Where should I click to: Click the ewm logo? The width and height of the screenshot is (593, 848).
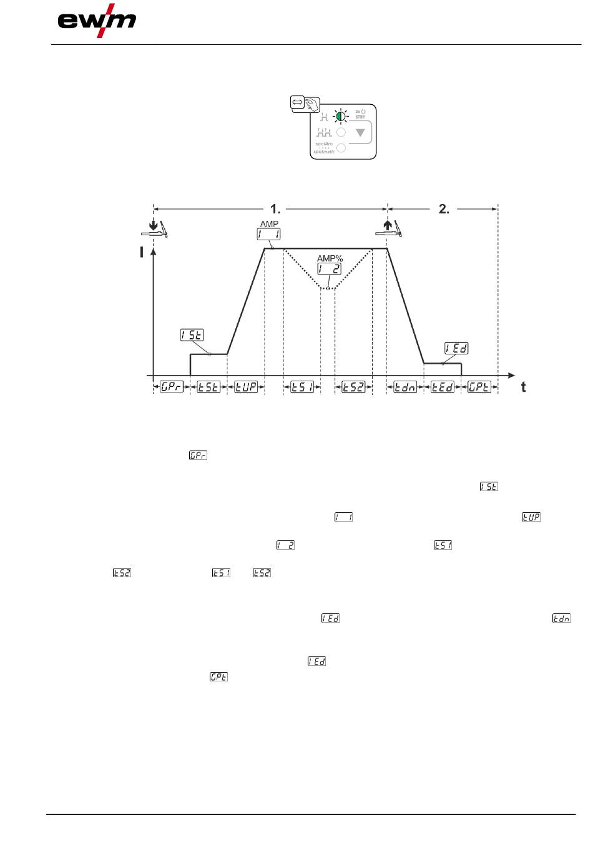(97, 21)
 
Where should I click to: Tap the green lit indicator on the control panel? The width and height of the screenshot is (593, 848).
(341, 116)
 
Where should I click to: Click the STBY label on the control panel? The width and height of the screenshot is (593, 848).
(360, 117)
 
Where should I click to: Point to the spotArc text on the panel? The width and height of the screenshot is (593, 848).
(324, 144)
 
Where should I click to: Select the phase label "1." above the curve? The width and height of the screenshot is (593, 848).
(275, 209)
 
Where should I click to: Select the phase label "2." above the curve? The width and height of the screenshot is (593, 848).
(444, 209)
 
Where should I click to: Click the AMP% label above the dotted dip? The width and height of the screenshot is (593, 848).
(330, 258)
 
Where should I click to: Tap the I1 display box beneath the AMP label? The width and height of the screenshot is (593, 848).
(268, 234)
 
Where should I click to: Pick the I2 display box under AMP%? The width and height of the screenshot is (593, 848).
(329, 268)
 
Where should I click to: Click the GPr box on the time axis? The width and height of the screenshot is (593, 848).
(171, 387)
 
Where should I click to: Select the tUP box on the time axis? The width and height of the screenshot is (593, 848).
(246, 387)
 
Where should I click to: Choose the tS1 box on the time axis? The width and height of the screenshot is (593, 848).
(302, 387)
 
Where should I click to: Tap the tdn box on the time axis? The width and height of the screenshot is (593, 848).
(405, 387)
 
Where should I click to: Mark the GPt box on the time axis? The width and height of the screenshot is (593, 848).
(479, 387)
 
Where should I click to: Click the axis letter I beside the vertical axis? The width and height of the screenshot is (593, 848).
(142, 252)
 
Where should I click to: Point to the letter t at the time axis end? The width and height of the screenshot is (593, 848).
(523, 387)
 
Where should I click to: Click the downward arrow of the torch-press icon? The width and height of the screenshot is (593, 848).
(153, 226)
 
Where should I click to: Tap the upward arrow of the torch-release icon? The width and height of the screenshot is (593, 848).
(387, 225)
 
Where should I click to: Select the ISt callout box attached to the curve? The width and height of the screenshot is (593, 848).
(192, 335)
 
